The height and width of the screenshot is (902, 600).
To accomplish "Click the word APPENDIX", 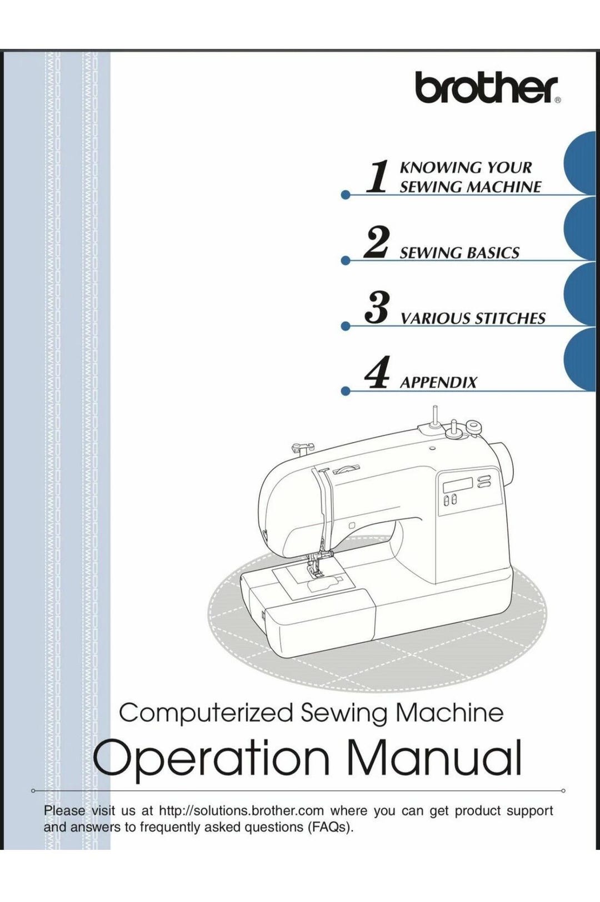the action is [438, 382].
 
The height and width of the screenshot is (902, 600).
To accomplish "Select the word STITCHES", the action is [509, 318].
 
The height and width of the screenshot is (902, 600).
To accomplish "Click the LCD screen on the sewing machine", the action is [458, 485].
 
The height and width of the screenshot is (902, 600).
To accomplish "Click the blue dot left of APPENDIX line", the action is [344, 391].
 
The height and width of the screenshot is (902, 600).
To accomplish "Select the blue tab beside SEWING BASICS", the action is [579, 230].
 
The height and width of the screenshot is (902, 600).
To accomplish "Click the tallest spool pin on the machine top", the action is [434, 416].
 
